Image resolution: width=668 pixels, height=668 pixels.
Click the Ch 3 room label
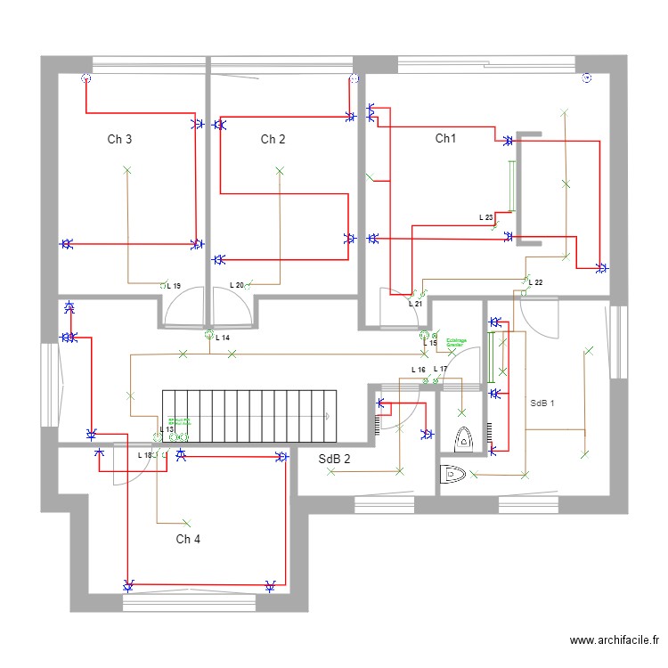(x=120, y=139)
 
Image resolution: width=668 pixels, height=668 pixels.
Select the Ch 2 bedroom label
(x=273, y=139)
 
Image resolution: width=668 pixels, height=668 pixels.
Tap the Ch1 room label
(x=445, y=138)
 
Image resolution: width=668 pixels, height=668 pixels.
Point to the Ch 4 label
(x=188, y=539)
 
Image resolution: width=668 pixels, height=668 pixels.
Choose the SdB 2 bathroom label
(x=335, y=460)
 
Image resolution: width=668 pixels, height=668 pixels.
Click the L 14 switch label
(x=223, y=338)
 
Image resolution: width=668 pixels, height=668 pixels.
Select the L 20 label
(x=236, y=285)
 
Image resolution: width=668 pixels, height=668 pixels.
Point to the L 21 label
(x=414, y=304)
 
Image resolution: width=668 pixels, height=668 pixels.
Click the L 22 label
(x=535, y=282)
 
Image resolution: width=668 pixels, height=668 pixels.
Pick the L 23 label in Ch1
(x=485, y=217)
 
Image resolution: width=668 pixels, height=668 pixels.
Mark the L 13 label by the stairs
(x=167, y=429)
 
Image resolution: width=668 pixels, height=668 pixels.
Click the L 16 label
(x=418, y=370)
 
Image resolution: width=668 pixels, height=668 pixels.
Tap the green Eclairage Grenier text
(x=457, y=341)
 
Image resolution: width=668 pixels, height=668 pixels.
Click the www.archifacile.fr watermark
(x=615, y=640)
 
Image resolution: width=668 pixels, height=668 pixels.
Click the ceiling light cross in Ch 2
(x=280, y=169)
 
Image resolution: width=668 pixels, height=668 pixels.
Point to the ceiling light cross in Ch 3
(x=126, y=169)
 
